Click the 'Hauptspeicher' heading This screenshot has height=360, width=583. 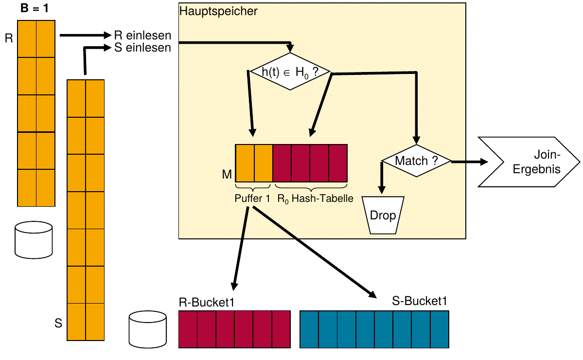point(219,11)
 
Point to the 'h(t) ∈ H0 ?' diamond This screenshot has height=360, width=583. point(290,72)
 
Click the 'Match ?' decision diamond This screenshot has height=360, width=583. point(416,161)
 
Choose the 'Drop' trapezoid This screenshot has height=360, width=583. point(383,216)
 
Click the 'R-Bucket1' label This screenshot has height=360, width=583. point(207,302)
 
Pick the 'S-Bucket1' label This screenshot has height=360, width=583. point(420,302)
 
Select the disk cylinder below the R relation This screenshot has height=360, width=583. point(34,239)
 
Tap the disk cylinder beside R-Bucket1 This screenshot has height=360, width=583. point(148,331)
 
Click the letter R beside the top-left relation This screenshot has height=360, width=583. point(9,38)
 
